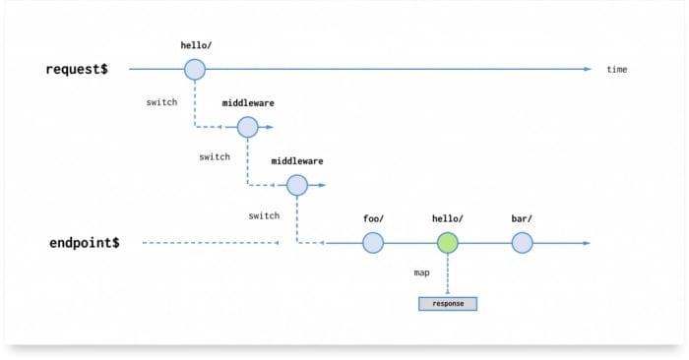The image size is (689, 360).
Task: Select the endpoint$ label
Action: point(85,242)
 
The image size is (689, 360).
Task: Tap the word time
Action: point(616,69)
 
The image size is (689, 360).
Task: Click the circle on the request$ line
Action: point(195,69)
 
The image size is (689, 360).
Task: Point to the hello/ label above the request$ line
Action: point(195,45)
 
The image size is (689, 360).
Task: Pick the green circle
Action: point(448,242)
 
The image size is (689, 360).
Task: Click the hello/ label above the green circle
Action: point(448,218)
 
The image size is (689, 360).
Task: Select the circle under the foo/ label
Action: point(372,242)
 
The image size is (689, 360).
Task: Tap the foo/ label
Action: point(372,218)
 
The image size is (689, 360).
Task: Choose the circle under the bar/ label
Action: point(522,242)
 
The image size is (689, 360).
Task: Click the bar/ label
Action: point(522,218)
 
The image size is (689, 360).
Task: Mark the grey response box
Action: point(448,304)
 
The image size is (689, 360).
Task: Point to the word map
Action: point(421,272)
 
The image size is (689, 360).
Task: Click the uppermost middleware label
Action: point(248,102)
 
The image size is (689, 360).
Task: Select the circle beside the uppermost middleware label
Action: point(248,127)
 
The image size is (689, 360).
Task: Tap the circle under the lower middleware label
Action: point(297,184)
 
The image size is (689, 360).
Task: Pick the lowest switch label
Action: point(264,215)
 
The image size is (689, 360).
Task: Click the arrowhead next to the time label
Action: point(587,69)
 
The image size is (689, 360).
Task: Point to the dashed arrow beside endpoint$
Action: point(212,243)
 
